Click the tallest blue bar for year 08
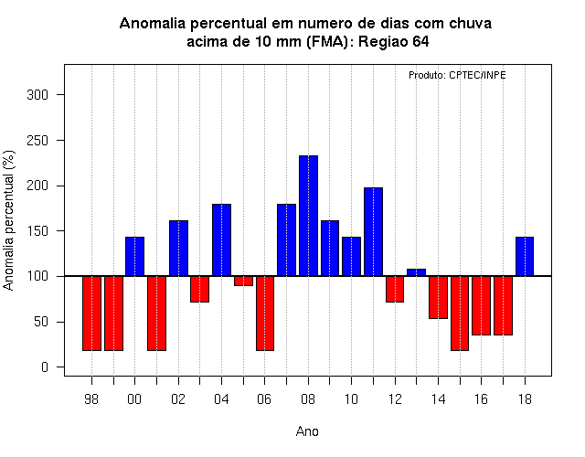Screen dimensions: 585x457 coord(309,216)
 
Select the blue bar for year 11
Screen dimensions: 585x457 coord(374,231)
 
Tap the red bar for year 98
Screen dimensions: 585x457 coord(91,314)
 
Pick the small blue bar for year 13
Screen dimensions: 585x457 coord(417,272)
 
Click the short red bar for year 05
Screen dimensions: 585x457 coord(244,281)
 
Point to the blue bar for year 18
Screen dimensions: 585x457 coord(525,256)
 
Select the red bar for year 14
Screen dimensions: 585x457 coord(438,297)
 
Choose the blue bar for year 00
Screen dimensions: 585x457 coord(134,256)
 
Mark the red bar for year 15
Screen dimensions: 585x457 coord(460,314)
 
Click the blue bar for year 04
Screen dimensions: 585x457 coord(221,239)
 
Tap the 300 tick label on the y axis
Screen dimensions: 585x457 coord(37,95)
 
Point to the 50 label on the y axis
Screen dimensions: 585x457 coord(41,322)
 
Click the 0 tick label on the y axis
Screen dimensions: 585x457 coord(45,367)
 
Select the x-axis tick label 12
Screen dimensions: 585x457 coord(395,399)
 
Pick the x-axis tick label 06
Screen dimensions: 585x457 coord(264,399)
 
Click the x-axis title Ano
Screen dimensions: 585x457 coord(307,431)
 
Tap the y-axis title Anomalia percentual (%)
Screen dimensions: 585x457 coord(8,220)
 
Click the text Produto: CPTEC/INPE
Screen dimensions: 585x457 coord(457,75)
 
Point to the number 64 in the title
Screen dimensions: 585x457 coord(420,41)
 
